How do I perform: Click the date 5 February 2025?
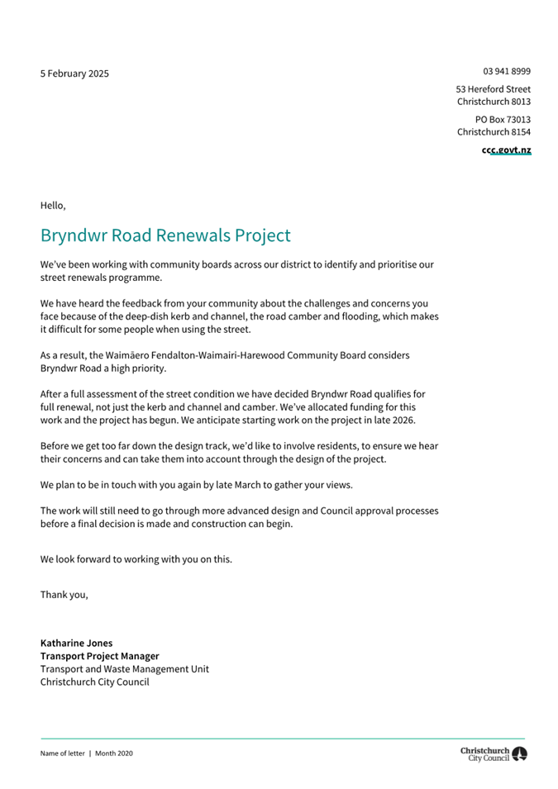[x=74, y=74]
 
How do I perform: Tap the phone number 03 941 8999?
[x=507, y=71]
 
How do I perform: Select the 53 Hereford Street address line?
[x=493, y=88]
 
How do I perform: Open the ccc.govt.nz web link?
[x=506, y=150]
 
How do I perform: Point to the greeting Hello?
[x=53, y=205]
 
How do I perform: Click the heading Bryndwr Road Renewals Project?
[x=165, y=235]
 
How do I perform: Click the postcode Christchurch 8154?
[x=494, y=132]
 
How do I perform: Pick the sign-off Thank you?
[x=64, y=594]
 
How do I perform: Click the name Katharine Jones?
[x=76, y=643]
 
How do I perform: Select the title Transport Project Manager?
[x=99, y=656]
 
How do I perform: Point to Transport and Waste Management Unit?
[x=124, y=669]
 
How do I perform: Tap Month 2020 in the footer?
[x=113, y=753]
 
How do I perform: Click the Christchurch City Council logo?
[x=494, y=753]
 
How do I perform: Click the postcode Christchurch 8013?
[x=494, y=102]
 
